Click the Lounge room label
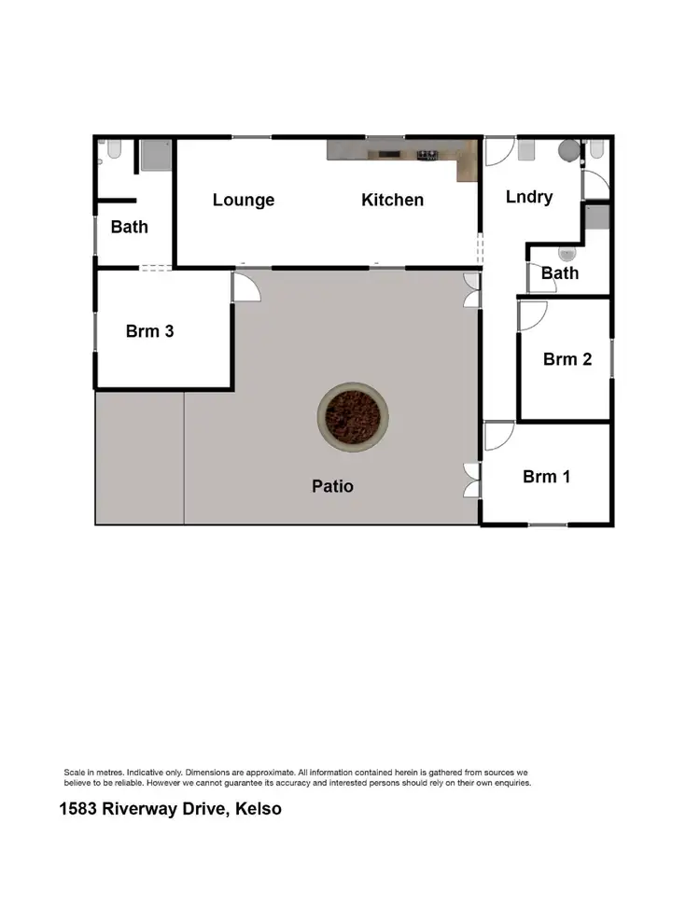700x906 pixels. (x=244, y=200)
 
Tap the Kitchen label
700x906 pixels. (x=392, y=200)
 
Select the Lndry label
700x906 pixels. (x=529, y=197)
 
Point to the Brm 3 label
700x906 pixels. (x=150, y=330)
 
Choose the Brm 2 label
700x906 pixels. (x=567, y=358)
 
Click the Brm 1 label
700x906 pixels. (x=546, y=477)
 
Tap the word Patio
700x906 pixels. (x=333, y=486)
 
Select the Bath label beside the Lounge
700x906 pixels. (x=129, y=227)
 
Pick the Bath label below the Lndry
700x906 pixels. (x=560, y=273)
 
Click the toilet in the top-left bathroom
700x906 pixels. (x=113, y=149)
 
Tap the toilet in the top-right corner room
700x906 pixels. (x=596, y=148)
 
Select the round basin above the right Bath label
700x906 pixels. (x=566, y=254)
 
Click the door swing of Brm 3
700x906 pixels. (x=245, y=286)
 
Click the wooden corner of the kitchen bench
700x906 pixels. (x=468, y=163)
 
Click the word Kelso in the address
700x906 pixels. (x=259, y=809)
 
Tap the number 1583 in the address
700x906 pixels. (x=81, y=809)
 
